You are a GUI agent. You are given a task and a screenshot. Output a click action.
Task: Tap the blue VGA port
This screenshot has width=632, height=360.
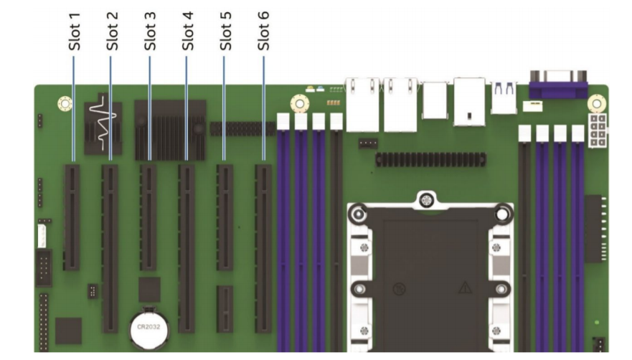click(557, 85)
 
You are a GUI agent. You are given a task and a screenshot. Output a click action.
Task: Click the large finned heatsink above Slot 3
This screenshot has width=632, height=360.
click(169, 129)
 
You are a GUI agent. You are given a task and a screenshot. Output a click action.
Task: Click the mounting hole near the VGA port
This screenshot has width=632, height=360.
click(593, 103)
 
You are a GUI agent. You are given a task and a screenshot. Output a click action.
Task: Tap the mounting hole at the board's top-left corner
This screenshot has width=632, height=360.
click(63, 105)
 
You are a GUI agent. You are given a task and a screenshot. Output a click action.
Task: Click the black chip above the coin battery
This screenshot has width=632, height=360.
click(149, 289)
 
